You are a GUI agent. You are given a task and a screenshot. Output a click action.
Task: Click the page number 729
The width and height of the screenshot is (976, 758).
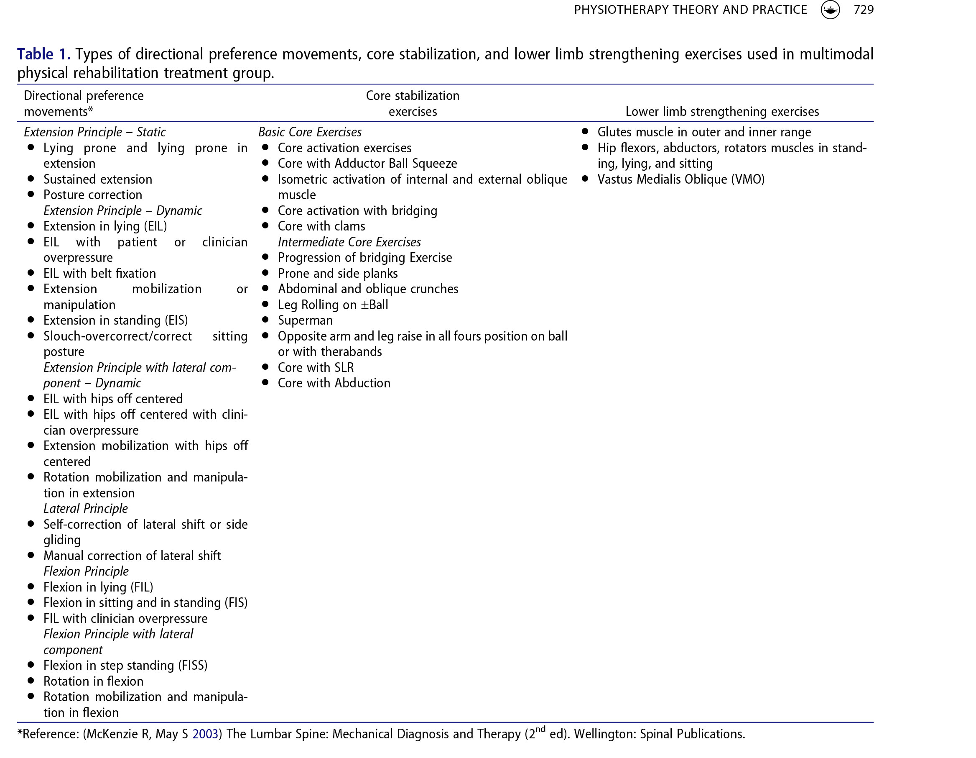tap(863, 10)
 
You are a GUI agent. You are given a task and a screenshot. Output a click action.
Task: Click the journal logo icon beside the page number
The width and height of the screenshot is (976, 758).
tap(830, 10)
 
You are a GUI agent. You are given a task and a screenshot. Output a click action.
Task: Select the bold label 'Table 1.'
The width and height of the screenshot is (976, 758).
tap(43, 54)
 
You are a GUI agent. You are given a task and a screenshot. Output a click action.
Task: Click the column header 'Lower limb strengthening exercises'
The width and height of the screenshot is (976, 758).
tap(722, 111)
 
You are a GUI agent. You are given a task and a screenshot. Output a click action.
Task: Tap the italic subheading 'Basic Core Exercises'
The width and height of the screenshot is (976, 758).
tap(310, 132)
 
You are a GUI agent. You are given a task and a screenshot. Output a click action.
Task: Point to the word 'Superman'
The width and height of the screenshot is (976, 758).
tap(305, 320)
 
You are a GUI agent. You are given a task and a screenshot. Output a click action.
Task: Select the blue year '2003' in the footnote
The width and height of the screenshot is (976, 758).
tap(205, 734)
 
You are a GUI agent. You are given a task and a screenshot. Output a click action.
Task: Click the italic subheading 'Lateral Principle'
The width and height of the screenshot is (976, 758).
tap(85, 508)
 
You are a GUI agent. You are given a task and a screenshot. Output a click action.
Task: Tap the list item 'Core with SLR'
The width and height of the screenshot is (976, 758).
tap(316, 368)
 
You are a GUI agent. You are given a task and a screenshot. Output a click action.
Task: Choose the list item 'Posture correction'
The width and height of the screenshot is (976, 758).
tap(92, 195)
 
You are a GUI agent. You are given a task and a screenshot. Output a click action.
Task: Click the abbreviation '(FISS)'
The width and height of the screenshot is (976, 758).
tap(193, 666)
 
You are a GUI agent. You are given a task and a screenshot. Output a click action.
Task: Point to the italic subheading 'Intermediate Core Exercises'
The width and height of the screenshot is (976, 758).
tap(349, 242)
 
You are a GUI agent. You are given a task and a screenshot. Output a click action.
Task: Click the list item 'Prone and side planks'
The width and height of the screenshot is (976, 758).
tap(337, 273)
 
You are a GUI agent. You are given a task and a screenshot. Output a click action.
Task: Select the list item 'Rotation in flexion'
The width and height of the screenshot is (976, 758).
tap(93, 681)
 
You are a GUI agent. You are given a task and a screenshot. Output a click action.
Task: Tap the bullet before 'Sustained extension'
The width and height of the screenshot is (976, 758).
tap(31, 179)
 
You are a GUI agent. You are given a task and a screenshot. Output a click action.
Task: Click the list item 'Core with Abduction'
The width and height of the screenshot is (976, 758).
tap(334, 383)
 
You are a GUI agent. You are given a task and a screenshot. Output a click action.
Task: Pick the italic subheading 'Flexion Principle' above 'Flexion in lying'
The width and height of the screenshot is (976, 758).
tap(86, 571)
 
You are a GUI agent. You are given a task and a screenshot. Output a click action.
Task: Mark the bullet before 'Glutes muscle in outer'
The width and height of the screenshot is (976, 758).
tap(585, 131)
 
